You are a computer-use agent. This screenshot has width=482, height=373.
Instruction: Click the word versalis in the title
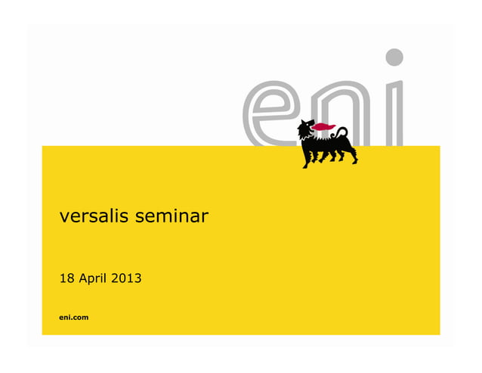pyautogui.click(x=94, y=218)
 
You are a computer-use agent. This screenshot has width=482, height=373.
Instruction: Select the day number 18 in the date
pyautogui.click(x=66, y=280)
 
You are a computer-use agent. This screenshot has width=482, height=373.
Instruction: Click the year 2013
pyautogui.click(x=126, y=280)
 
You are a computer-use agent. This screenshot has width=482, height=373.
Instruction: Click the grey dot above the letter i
pyautogui.click(x=394, y=57)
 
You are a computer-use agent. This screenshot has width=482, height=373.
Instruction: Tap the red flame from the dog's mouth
pyautogui.click(x=325, y=126)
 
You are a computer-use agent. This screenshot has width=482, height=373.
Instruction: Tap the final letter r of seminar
pyautogui.click(x=205, y=219)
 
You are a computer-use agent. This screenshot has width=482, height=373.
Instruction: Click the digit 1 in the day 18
pyautogui.click(x=63, y=280)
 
